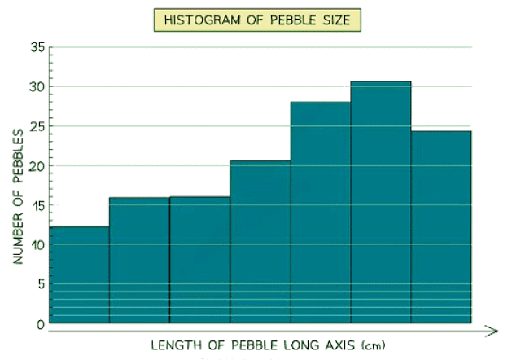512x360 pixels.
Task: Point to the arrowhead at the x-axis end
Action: (490, 331)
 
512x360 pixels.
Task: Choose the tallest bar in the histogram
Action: (381, 204)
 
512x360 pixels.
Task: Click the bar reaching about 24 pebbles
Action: (441, 228)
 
